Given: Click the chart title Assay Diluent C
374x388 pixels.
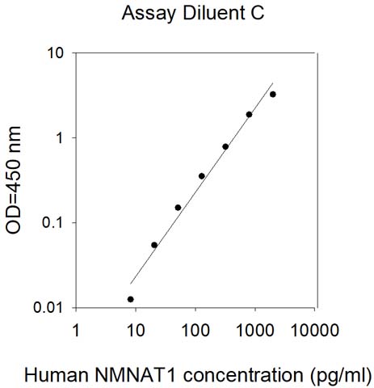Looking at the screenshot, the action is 193,13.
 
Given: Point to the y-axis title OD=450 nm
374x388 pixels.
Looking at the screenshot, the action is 13,180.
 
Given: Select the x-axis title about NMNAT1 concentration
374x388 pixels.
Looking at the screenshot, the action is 198,375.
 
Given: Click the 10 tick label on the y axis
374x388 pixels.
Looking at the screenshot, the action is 56,53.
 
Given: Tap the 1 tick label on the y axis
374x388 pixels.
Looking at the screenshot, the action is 60,138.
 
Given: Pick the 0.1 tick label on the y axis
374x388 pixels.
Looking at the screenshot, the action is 53,223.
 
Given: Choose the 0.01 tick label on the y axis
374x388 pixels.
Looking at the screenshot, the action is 48,307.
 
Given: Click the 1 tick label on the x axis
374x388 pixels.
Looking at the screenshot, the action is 77,330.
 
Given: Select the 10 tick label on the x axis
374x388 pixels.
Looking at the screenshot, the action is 136,330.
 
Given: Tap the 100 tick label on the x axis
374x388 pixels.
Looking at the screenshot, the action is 195,330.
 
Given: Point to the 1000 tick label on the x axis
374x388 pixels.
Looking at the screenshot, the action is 255,330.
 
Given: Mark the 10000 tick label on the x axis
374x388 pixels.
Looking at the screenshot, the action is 315,330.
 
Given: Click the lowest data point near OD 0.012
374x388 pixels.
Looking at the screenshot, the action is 131,299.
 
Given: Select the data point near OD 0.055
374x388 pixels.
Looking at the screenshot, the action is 154,245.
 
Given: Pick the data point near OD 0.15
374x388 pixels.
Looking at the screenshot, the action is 178,208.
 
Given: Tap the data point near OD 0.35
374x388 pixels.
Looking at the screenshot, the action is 202,176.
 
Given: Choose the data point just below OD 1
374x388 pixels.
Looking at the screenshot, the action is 225,146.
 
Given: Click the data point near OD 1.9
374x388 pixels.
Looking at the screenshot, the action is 249,115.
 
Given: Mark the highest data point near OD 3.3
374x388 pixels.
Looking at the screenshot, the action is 273,95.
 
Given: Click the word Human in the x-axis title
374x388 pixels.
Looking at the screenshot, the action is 57,374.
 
